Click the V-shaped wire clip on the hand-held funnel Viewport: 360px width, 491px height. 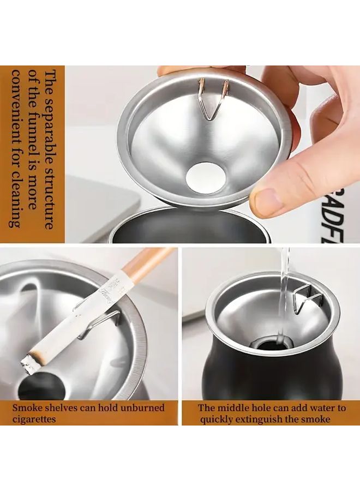[212, 99]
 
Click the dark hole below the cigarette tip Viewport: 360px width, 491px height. [41, 385]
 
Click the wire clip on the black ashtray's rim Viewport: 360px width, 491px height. [306, 300]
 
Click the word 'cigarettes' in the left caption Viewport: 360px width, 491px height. [34, 418]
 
